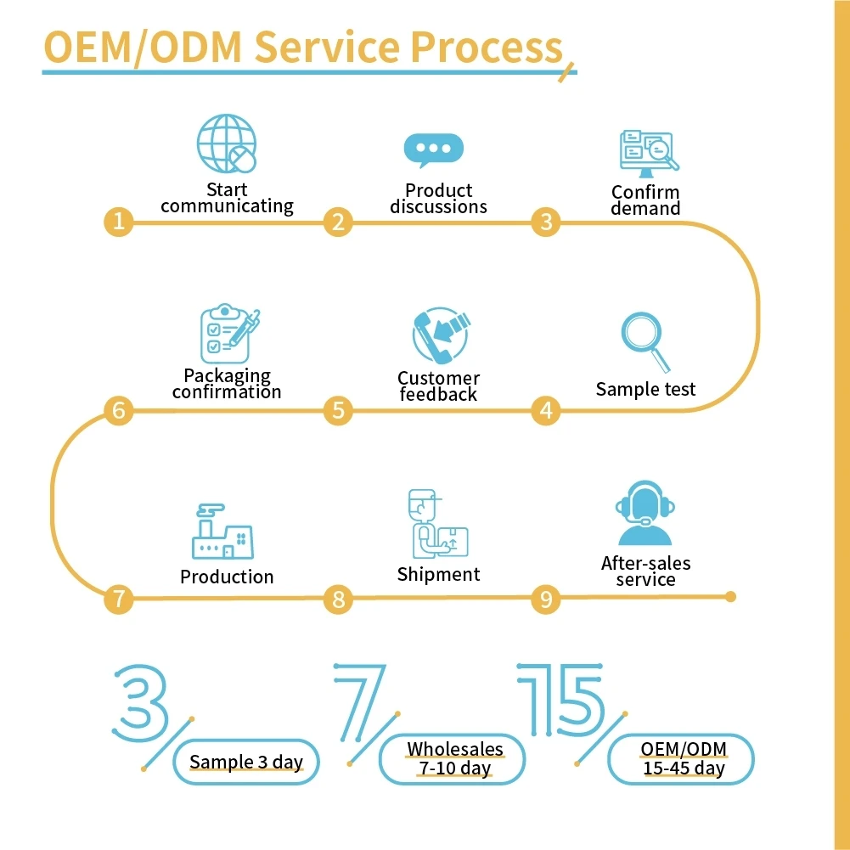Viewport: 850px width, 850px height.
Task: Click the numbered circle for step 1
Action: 119,222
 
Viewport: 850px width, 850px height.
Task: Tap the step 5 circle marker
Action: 338,410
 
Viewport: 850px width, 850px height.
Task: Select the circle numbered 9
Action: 546,599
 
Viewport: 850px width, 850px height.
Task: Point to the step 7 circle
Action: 119,599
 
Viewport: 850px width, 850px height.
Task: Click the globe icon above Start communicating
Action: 227,144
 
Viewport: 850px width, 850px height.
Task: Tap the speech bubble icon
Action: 434,150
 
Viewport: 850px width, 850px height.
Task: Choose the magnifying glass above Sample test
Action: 645,342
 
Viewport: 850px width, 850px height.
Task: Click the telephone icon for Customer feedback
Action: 441,335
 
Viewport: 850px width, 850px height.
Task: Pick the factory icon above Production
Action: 222,532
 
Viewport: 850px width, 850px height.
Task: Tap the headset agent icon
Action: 645,513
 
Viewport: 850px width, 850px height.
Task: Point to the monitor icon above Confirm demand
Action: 650,154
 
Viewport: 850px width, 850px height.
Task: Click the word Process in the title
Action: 487,47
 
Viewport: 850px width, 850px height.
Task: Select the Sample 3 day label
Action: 246,762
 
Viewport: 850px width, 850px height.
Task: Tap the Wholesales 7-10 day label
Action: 452,759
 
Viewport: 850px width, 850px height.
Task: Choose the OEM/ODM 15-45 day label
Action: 681,759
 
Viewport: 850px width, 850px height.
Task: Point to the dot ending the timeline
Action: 731,597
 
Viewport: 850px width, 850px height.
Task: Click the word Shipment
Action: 438,575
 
